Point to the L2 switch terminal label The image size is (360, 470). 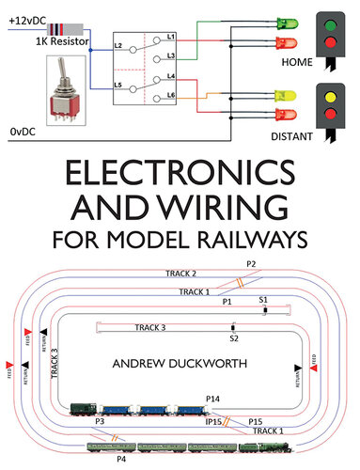(x=117, y=45)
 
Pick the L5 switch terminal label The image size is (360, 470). (x=117, y=85)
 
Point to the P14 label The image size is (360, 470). (x=212, y=399)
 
